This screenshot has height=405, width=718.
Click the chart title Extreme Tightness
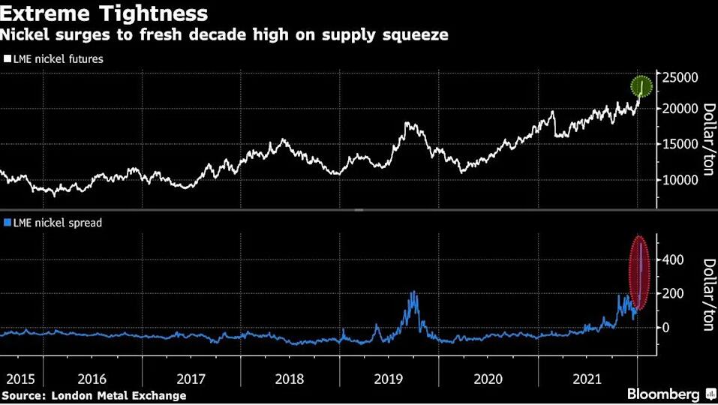point(104,13)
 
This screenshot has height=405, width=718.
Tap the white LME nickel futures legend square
point(8,58)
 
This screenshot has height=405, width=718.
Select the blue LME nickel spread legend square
point(8,223)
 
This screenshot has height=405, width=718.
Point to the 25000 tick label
point(680,77)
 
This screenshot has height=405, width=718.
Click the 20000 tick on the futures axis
point(680,109)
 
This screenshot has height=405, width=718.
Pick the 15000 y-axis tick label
point(680,144)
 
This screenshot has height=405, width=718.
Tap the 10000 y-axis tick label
point(680,180)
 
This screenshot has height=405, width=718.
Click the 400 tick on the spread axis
point(673,260)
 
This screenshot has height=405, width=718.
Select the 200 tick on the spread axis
point(673,293)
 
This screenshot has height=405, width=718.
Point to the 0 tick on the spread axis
point(665,328)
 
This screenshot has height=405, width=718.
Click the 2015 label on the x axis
point(20,379)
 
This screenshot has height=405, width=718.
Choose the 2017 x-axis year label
point(191,379)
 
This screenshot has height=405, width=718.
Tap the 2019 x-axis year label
point(389,379)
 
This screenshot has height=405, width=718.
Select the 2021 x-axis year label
point(587,379)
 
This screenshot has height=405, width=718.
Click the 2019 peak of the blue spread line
point(414,292)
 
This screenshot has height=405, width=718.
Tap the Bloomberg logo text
point(663,394)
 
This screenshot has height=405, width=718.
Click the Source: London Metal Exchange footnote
point(94,395)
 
